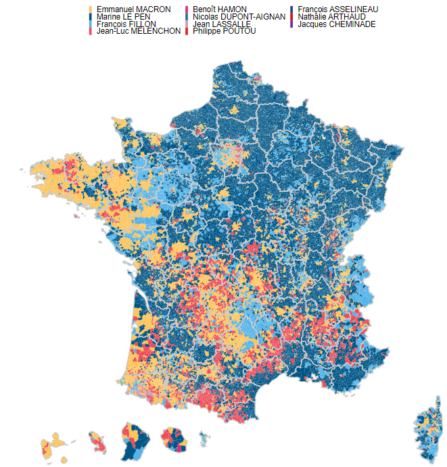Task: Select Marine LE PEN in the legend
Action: pos(122,16)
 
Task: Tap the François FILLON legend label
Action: pos(126,24)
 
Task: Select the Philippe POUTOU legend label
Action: pos(224,31)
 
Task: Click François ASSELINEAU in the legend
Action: pos(342,9)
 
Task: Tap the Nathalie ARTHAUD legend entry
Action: pos(336,16)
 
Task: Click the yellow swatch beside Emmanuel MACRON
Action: pos(91,9)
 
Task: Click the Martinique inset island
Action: pos(99,443)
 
